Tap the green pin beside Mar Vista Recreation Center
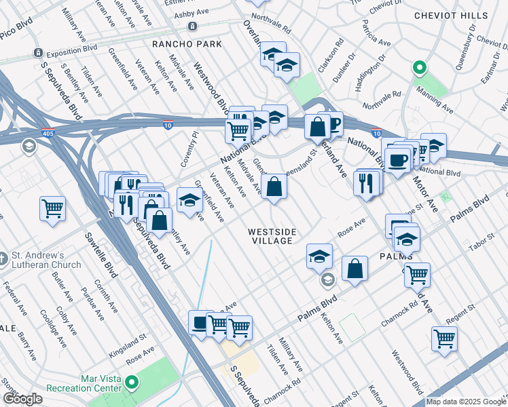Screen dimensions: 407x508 click(x=133, y=385)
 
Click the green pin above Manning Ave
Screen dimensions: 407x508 click(x=420, y=69)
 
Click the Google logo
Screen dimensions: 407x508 click(x=22, y=399)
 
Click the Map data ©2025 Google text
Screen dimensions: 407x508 click(x=466, y=402)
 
